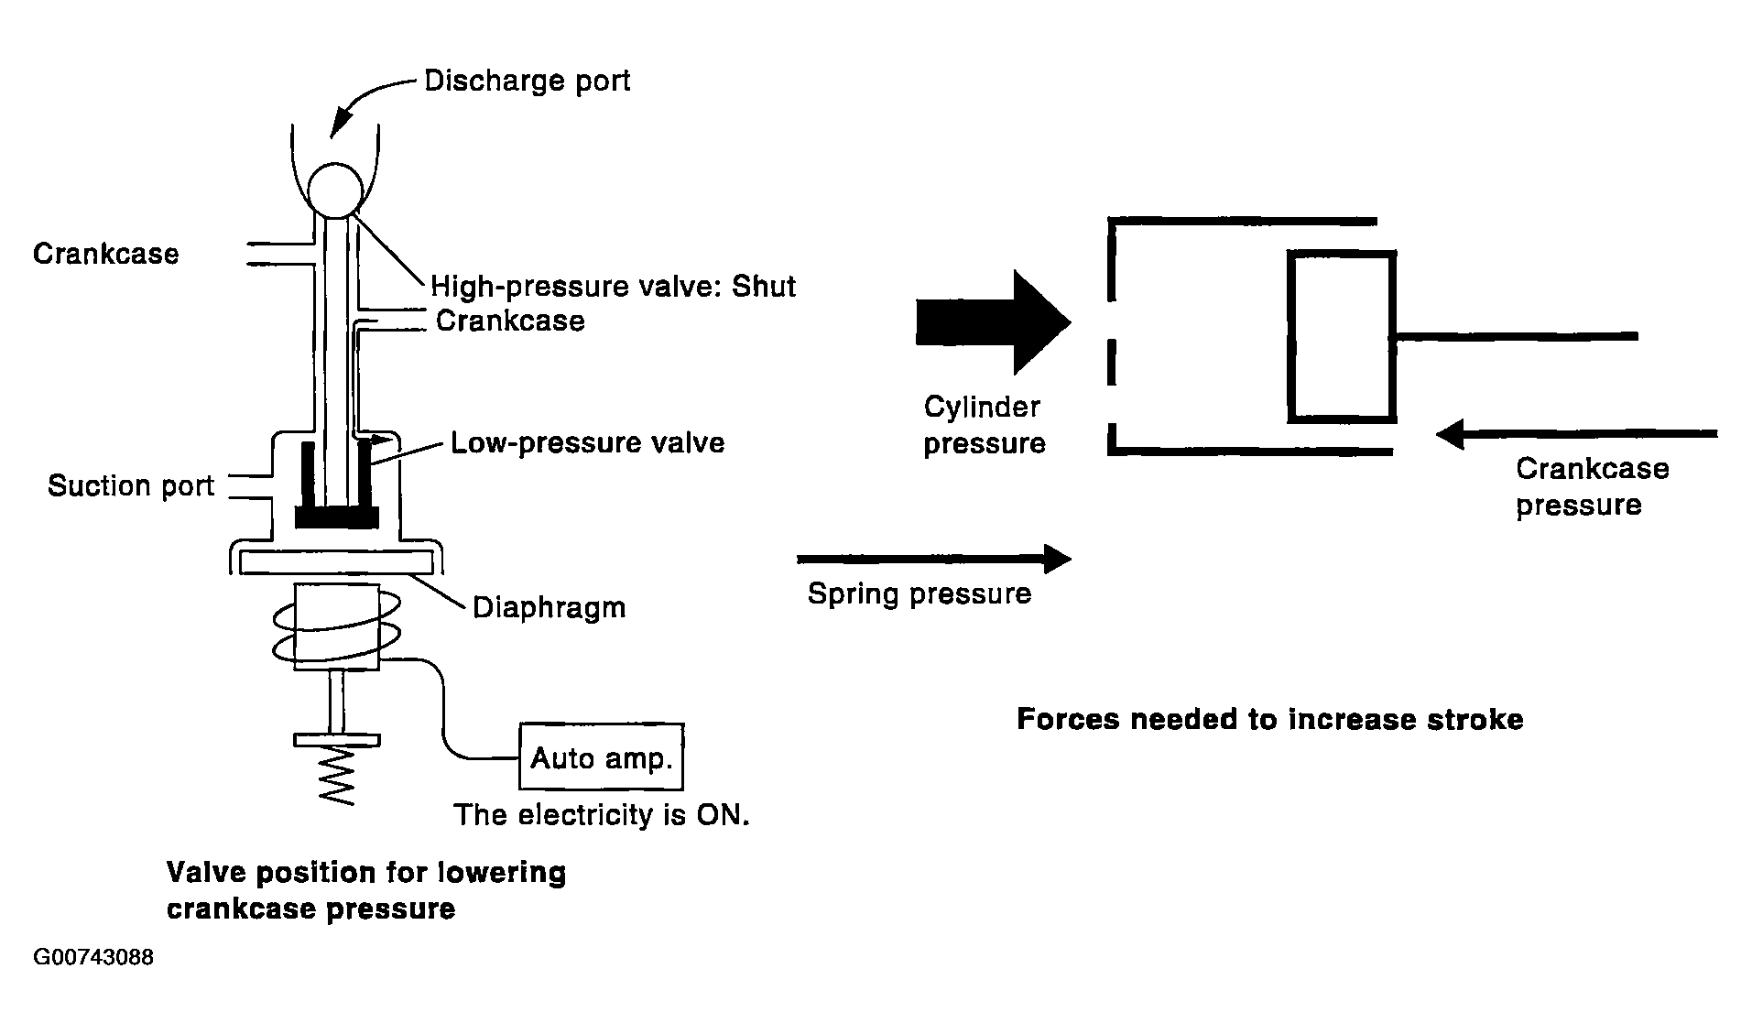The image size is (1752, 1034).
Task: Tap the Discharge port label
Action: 528,82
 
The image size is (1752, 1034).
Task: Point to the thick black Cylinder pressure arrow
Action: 993,322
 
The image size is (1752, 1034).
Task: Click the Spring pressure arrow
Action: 934,558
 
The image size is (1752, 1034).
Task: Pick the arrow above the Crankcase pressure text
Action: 1575,434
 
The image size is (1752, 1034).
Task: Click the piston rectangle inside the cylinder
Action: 1342,337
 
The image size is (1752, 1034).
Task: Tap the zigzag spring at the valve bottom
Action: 336,775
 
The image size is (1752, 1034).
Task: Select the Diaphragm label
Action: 549,608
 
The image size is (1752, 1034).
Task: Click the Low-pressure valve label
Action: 587,443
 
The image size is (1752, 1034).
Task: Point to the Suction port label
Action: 131,485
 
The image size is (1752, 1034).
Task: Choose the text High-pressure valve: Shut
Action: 613,287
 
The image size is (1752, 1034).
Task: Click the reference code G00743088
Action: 93,958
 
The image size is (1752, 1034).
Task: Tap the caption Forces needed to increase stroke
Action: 1269,719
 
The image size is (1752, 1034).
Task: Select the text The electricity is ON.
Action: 602,814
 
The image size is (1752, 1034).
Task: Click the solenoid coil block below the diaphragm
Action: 336,628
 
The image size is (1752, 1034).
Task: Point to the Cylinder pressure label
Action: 984,425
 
